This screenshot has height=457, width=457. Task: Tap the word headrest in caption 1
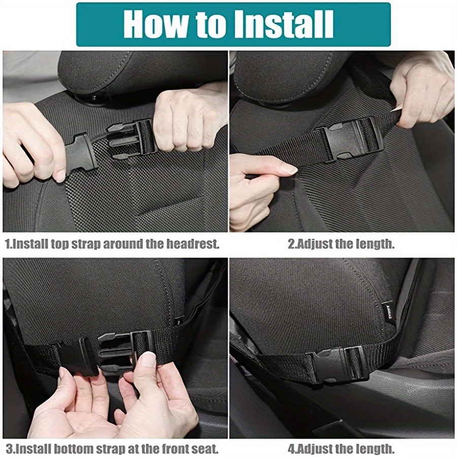click(x=192, y=244)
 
